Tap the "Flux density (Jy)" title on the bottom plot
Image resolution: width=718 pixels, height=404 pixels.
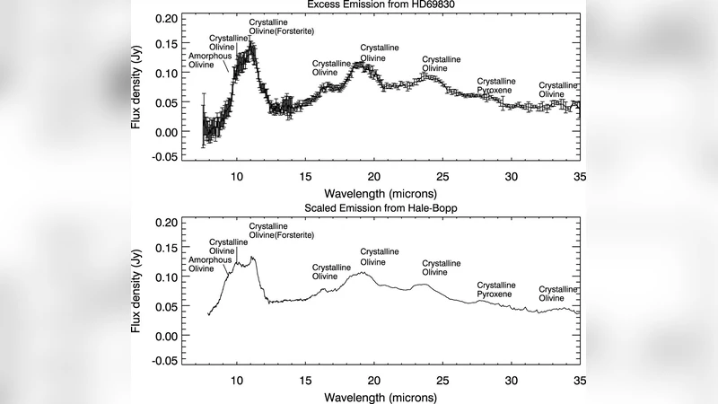pos(137,292)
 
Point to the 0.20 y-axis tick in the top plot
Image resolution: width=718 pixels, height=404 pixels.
pos(164,18)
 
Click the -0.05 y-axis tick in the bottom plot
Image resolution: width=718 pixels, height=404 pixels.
pos(162,362)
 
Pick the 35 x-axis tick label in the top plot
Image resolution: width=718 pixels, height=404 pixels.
pos(579,177)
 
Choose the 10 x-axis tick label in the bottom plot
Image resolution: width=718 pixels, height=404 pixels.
pos(238,380)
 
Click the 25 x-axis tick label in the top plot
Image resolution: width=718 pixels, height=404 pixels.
pos(442,177)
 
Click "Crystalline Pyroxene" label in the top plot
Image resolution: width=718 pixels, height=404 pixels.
pos(498,85)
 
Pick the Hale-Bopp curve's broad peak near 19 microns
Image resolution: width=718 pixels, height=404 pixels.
pos(361,273)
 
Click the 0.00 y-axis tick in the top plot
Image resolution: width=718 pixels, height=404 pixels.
pos(164,132)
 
